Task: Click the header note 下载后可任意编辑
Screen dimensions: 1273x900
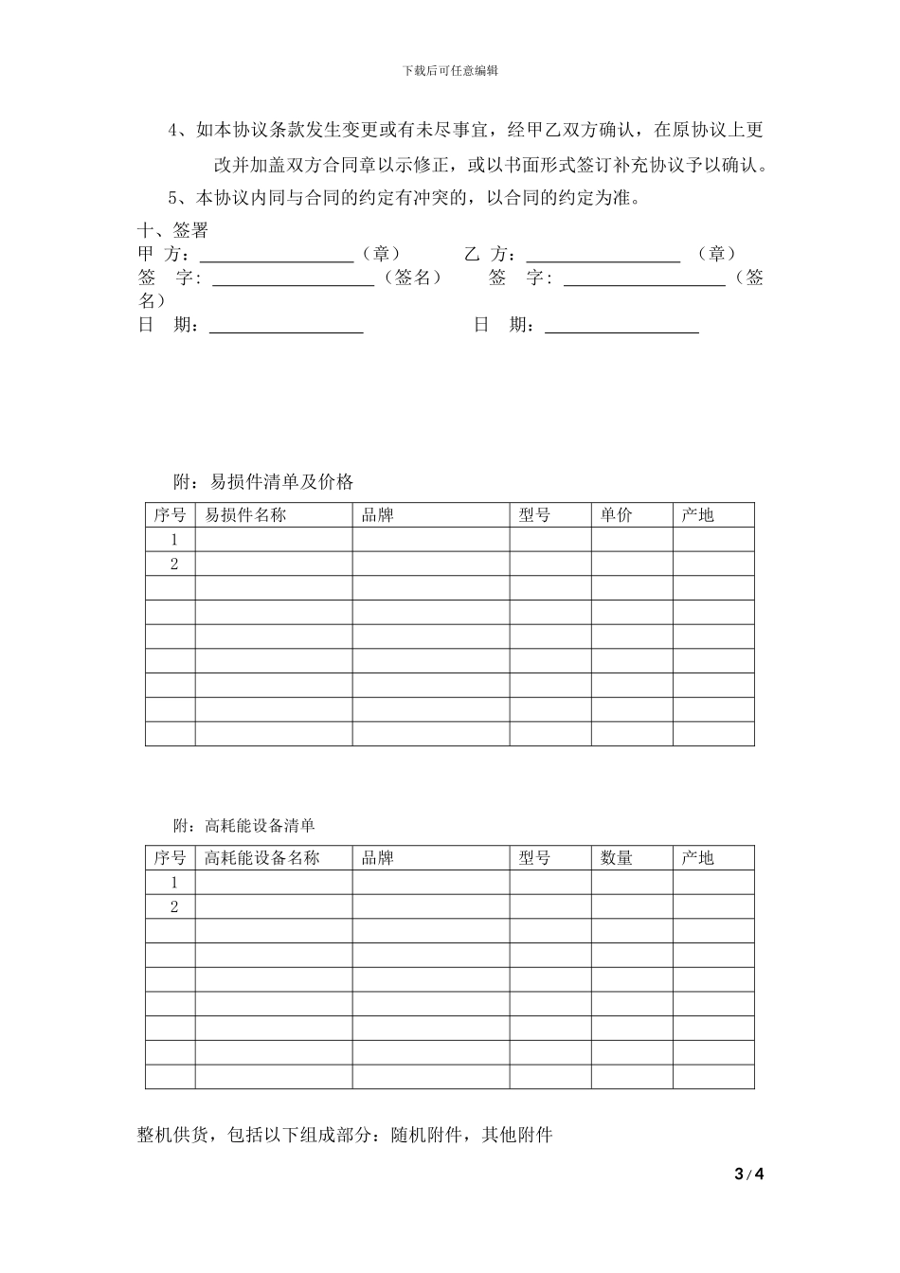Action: [450, 70]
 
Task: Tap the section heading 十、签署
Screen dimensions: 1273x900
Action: [172, 231]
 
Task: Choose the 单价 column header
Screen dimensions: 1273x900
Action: [616, 515]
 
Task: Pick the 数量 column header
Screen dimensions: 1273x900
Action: [616, 858]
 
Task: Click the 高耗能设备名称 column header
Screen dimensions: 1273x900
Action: [262, 858]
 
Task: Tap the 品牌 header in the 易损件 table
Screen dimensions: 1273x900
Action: [377, 515]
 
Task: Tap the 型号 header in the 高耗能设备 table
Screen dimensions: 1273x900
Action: [534, 858]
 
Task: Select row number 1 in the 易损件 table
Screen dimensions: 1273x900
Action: [174, 540]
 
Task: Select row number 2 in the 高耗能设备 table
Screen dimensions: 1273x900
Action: [174, 907]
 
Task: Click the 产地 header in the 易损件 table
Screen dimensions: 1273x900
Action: [697, 515]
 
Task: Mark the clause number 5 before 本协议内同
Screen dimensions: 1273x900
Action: [173, 199]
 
